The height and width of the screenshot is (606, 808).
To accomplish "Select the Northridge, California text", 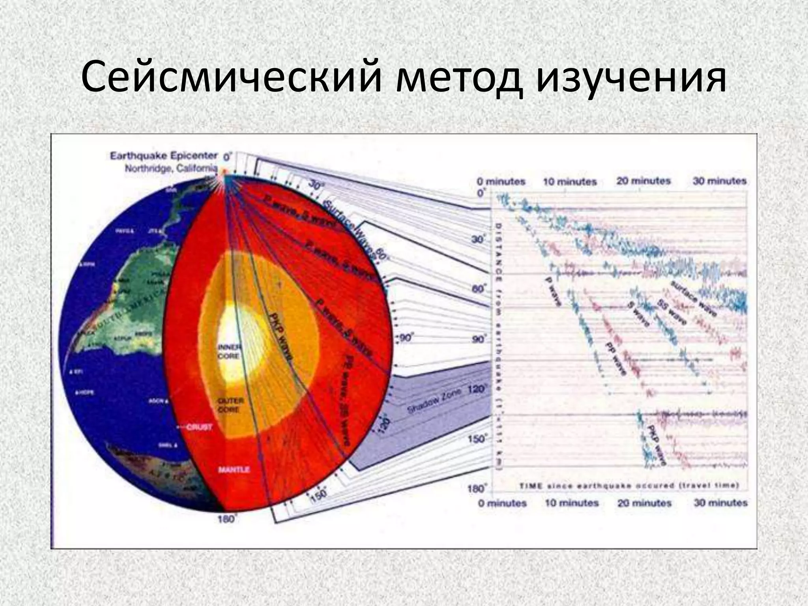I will [x=170, y=168].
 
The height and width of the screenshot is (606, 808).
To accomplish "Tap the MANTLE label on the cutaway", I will [x=234, y=469].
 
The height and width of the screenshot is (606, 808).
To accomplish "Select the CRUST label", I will [x=199, y=427].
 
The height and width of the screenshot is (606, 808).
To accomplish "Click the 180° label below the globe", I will [x=226, y=519].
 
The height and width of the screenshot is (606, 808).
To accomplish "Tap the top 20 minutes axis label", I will [x=643, y=181].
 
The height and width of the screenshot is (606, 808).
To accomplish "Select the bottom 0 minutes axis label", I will [x=502, y=503].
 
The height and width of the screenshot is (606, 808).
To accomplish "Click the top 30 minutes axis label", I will [x=720, y=181].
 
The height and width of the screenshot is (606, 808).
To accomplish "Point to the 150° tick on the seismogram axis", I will [x=478, y=438].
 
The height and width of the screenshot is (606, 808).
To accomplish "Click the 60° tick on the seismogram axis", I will [x=478, y=289].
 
